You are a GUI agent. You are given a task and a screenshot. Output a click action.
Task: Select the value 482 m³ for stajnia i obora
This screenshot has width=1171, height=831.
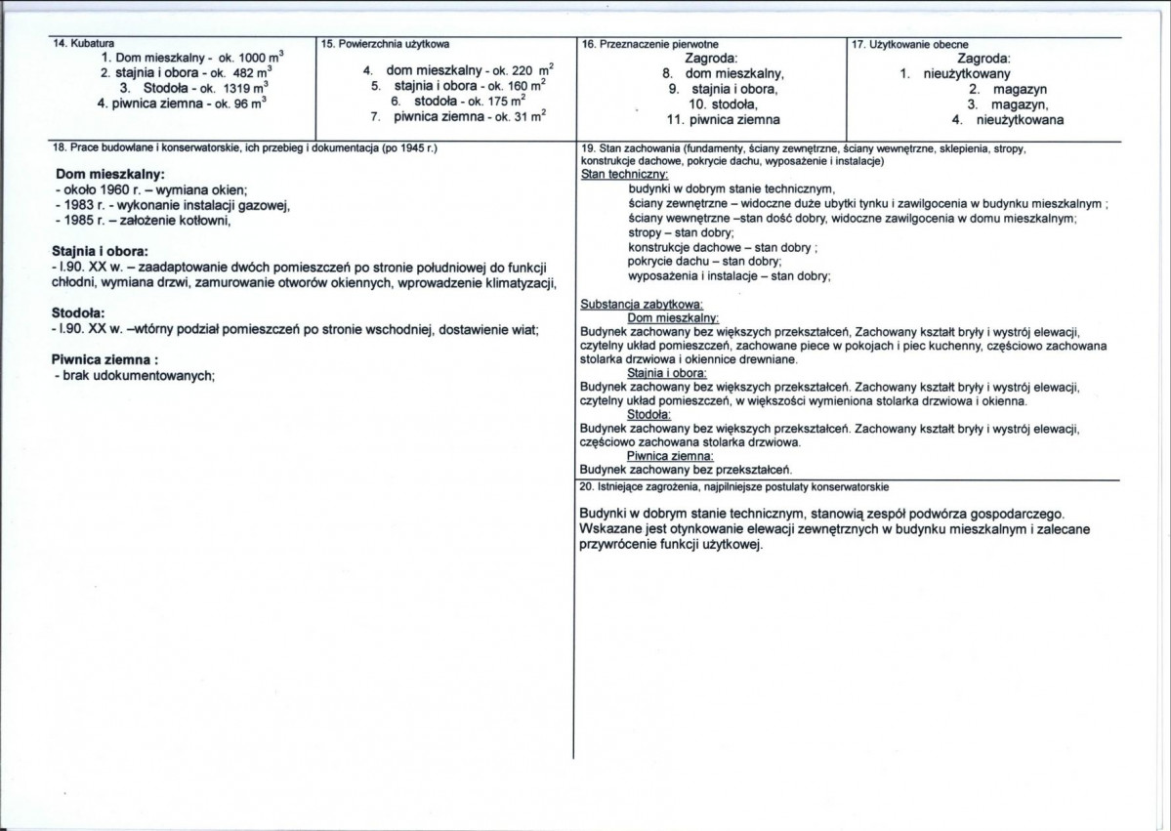coord(252,73)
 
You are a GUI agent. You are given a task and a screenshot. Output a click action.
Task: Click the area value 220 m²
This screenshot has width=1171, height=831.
coord(533,71)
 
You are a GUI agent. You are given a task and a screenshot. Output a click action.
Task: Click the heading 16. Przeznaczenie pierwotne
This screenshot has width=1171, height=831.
coord(644,45)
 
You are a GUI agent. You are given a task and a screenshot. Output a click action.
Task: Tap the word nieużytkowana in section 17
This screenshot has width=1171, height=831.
coord(1020,120)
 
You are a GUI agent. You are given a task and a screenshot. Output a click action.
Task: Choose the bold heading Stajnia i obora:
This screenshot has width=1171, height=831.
coord(100,251)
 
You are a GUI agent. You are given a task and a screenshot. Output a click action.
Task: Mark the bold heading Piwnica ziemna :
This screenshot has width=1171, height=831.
coord(105,359)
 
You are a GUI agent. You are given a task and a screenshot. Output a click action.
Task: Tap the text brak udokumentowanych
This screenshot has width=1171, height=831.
coord(138,376)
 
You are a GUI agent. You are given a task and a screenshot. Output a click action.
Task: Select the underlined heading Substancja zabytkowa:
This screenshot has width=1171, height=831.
coord(642,305)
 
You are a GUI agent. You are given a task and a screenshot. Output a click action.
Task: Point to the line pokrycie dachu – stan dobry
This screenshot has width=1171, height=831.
coord(704,262)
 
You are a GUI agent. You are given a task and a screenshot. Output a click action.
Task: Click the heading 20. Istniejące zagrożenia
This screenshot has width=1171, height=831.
coord(734,485)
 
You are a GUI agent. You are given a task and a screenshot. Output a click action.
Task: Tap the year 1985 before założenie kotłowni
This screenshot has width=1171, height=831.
coord(75,220)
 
